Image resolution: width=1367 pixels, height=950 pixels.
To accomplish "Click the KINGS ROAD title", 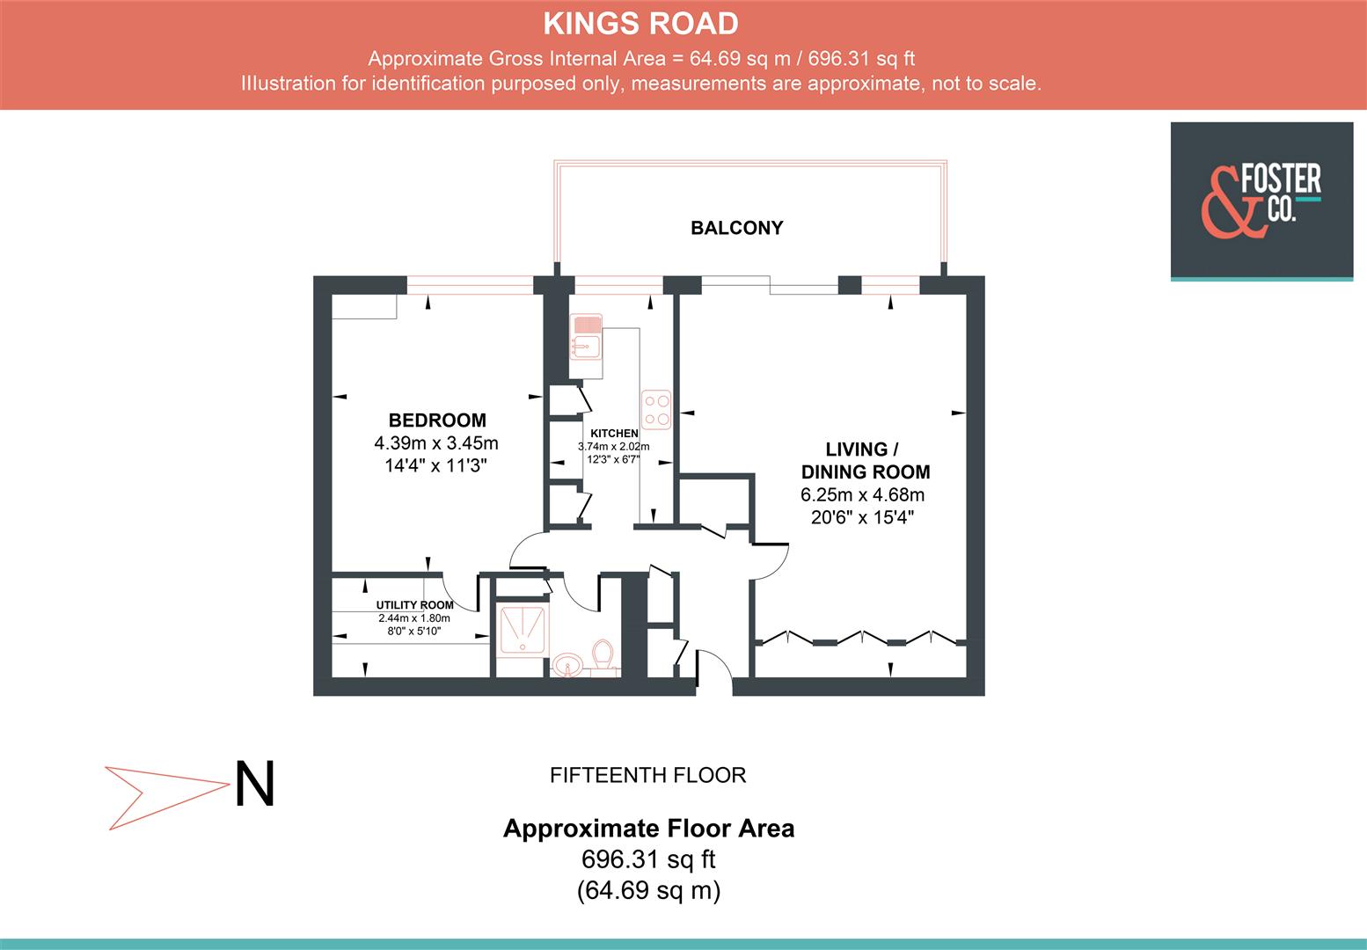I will [640, 24].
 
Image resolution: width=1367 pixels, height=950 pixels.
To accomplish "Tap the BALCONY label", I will [736, 228].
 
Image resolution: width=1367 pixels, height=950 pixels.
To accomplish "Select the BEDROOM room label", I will [437, 420].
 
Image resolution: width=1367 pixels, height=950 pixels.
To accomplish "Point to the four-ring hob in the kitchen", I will [656, 409].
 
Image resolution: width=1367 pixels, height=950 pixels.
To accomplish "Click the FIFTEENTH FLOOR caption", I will [647, 775].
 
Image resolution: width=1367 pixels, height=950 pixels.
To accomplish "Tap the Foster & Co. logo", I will [1261, 201].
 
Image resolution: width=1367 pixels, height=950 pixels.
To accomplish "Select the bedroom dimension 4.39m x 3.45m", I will [436, 442].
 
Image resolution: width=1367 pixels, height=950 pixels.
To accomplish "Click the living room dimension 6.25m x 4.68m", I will [862, 495].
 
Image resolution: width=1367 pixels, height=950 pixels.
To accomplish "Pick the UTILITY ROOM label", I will [414, 605].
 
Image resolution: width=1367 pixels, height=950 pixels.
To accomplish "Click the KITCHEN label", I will [614, 434].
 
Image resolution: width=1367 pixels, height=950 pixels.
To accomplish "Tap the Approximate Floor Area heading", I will [648, 829].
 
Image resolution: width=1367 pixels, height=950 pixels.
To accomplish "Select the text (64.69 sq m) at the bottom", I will [648, 890].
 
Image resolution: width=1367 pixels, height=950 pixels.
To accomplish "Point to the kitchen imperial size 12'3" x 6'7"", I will [614, 459].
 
